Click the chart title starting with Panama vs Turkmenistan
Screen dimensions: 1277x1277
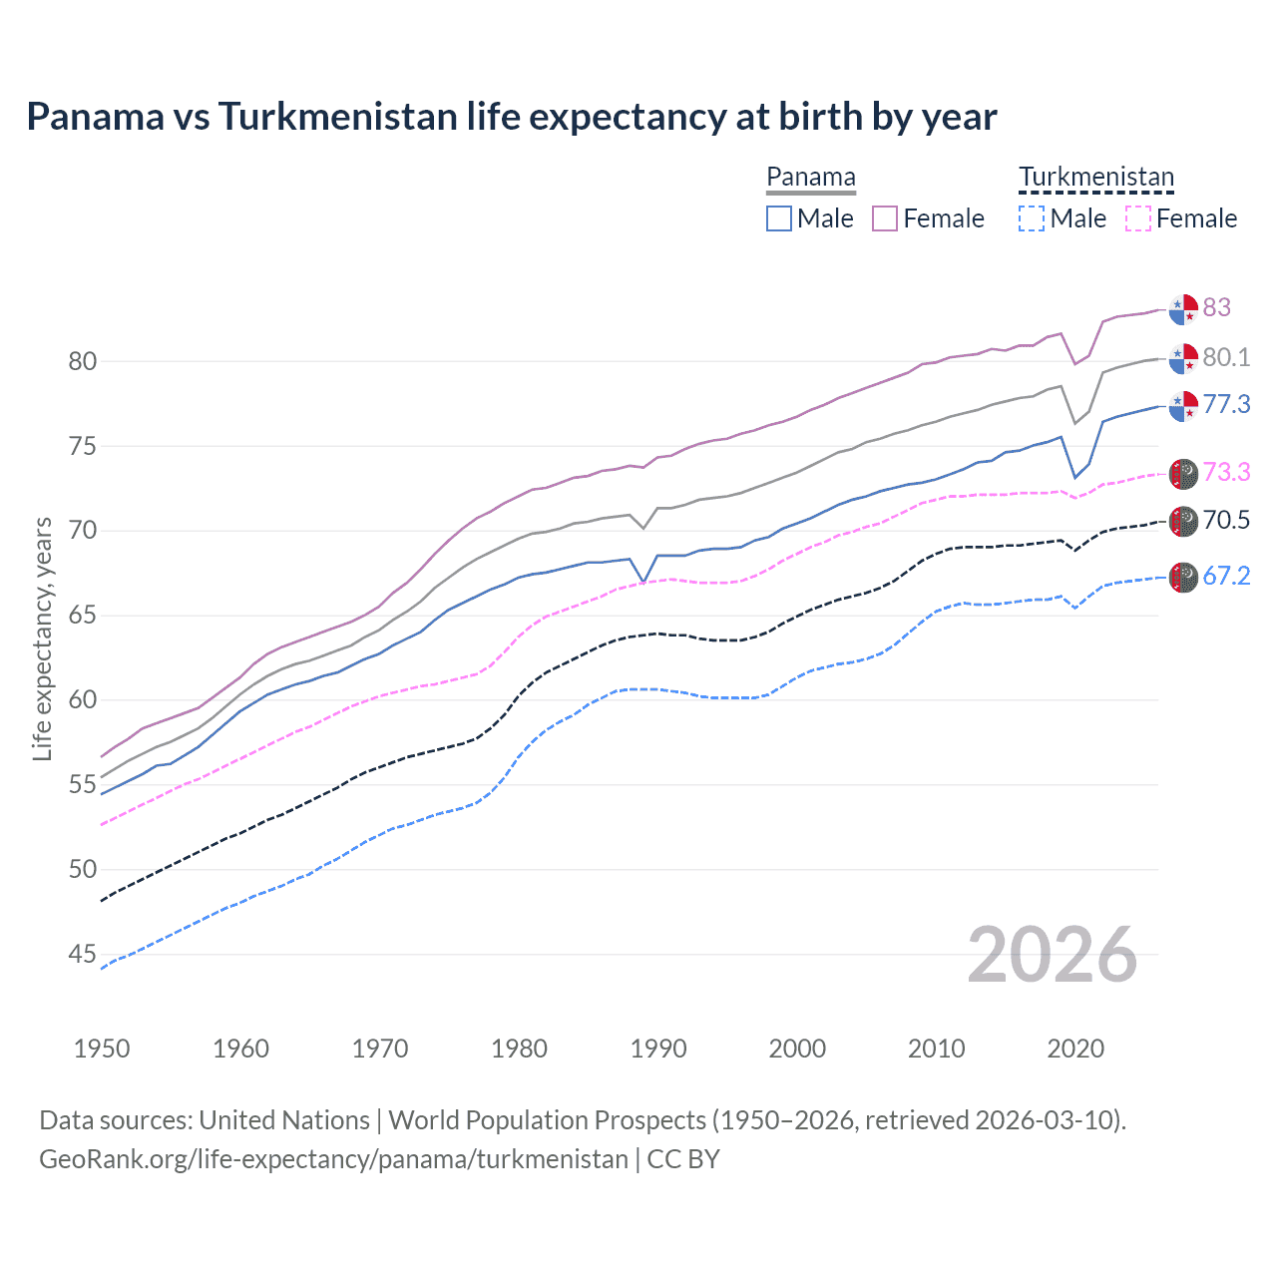tap(511, 117)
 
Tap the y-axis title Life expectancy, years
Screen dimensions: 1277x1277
tap(42, 638)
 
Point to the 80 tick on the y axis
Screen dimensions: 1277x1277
tap(83, 361)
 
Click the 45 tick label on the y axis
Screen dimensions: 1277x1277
tap(83, 955)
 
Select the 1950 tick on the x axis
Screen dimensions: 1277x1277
tap(102, 1049)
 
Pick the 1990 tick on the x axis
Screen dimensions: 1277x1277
tap(658, 1049)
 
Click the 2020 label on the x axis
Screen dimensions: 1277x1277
tap(1075, 1049)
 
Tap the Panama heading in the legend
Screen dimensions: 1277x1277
tap(810, 178)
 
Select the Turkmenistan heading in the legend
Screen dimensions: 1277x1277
tap(1095, 178)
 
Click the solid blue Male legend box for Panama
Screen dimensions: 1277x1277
tap(779, 218)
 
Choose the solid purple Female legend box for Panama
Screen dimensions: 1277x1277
tap(885, 218)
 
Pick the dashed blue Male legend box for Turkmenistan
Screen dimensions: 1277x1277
tap(1032, 218)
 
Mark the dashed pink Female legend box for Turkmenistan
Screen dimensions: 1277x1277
tap(1137, 218)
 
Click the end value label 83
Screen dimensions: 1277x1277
tap(1216, 307)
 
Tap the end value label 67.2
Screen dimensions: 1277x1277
tap(1226, 576)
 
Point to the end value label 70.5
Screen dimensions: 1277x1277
tap(1226, 520)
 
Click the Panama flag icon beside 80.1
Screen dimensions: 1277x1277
tap(1183, 358)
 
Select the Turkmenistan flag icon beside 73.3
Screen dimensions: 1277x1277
tap(1183, 474)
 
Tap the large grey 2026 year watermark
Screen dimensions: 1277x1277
tap(1053, 955)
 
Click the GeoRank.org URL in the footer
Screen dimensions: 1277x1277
tap(333, 1159)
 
